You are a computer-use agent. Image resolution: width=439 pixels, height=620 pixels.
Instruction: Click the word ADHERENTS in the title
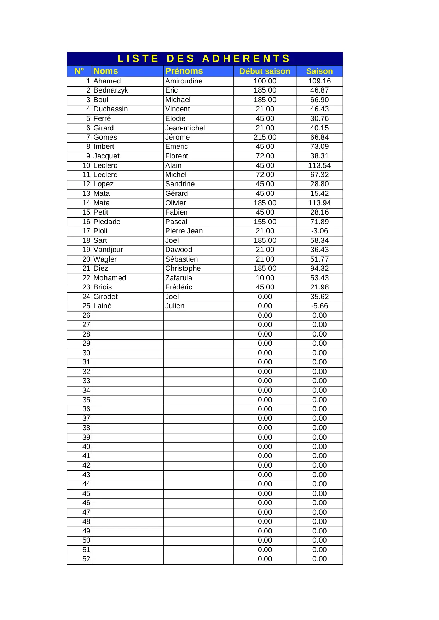point(246,58)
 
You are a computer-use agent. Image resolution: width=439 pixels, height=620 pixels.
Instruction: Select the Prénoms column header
point(184,71)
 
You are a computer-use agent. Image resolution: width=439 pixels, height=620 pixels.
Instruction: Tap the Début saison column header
point(265,71)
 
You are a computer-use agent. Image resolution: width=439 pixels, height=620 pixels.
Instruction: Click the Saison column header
point(319,71)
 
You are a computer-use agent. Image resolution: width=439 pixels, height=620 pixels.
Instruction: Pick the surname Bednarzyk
point(111,90)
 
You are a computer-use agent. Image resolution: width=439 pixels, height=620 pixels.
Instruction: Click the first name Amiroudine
point(184,81)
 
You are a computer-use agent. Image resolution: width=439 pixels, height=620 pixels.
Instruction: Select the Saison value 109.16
point(319,81)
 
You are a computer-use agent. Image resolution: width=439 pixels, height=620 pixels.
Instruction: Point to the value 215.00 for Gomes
point(265,137)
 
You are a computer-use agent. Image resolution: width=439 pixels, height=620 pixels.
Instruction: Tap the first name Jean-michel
point(185,128)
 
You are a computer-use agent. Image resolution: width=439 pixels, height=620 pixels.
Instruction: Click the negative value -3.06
point(319,231)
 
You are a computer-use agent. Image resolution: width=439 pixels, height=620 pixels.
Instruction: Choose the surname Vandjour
point(108,250)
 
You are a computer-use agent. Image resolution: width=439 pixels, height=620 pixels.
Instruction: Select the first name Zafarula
point(179,278)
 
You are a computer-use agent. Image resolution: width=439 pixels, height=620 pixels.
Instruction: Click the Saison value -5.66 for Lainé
point(319,306)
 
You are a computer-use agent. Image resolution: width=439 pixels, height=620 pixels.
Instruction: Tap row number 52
point(86,559)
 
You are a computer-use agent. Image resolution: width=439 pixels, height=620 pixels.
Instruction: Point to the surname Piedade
point(107,222)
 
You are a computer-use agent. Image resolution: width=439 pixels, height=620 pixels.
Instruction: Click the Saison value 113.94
point(319,203)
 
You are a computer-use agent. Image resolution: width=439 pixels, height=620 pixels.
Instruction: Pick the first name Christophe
point(183,268)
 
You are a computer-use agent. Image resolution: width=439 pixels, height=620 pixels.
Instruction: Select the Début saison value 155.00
point(265,222)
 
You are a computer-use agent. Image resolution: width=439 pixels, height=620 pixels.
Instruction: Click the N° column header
point(79,71)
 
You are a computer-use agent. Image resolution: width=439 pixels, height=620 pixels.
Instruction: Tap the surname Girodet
point(105,297)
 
